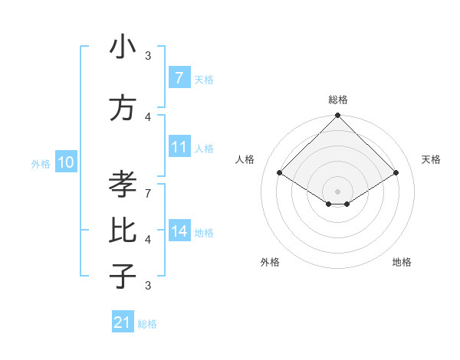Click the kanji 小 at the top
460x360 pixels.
(x=123, y=47)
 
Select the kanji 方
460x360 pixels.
(x=123, y=109)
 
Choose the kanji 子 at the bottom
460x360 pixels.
(x=123, y=276)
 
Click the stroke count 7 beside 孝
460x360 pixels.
(x=148, y=185)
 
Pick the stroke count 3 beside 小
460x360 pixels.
(x=148, y=56)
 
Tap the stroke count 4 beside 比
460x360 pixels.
(x=148, y=240)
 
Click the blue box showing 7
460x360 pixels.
(x=179, y=78)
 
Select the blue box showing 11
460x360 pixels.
(x=179, y=147)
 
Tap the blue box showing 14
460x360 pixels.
(x=179, y=231)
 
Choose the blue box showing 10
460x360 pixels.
(x=66, y=162)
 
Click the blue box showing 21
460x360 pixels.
(x=123, y=322)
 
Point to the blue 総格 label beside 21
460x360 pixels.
(x=147, y=324)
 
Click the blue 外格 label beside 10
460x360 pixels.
(x=41, y=163)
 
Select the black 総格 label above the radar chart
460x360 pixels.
(x=337, y=100)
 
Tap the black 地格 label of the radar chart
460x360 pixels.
(x=402, y=262)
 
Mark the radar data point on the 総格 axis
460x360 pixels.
(x=337, y=116)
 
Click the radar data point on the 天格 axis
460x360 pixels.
(x=396, y=173)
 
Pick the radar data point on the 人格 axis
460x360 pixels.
(x=279, y=173)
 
